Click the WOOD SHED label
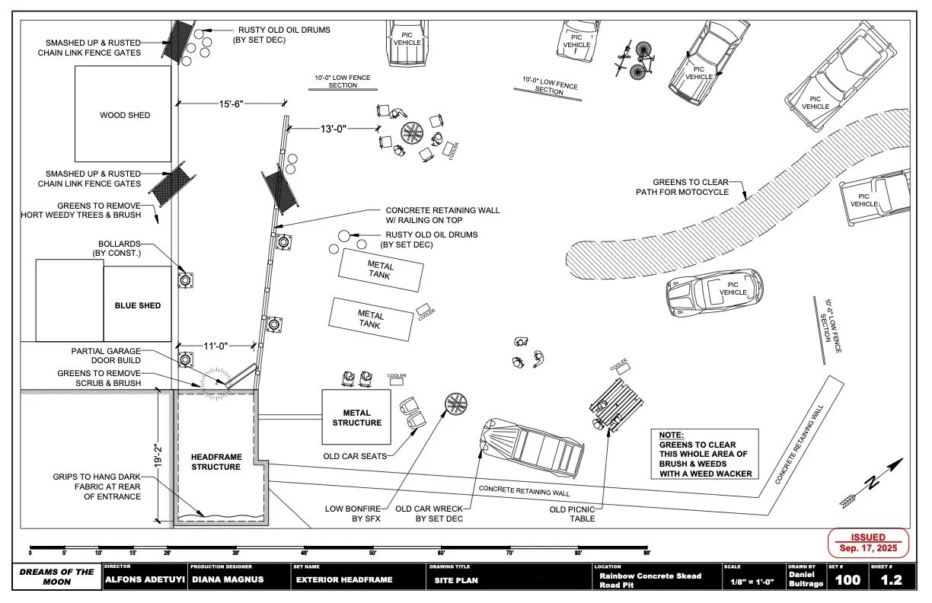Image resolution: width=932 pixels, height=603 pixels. point(125,116)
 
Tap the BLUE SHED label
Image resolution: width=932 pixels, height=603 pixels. point(138,305)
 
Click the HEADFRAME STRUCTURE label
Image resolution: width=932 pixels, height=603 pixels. point(215,461)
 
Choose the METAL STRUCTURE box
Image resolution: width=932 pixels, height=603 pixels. point(356,417)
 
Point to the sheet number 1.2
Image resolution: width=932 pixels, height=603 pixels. point(891,580)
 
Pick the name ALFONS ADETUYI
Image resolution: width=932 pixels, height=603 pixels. point(145,580)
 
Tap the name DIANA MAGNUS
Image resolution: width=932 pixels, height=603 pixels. point(228,580)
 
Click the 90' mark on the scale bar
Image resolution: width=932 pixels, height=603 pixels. point(646,553)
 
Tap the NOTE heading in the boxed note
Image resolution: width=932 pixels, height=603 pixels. point(671,435)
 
